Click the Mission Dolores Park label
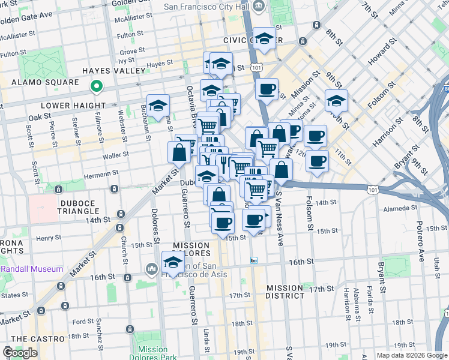click(152, 354)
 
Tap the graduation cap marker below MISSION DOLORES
click(173, 262)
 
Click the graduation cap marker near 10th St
click(336, 101)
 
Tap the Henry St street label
click(45, 238)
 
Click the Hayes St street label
click(160, 63)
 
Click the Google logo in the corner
click(20, 353)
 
